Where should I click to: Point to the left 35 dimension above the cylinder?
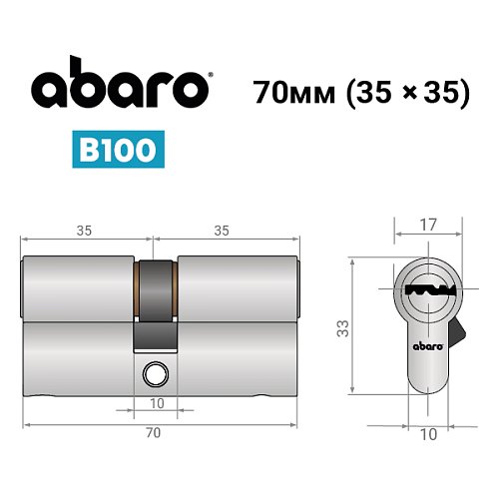click(84, 230)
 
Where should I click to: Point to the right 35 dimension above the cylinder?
click(222, 230)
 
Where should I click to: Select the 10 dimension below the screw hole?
click(157, 402)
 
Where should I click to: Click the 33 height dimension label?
click(342, 327)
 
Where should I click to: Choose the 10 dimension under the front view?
click(426, 433)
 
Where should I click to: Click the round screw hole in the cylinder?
click(154, 374)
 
